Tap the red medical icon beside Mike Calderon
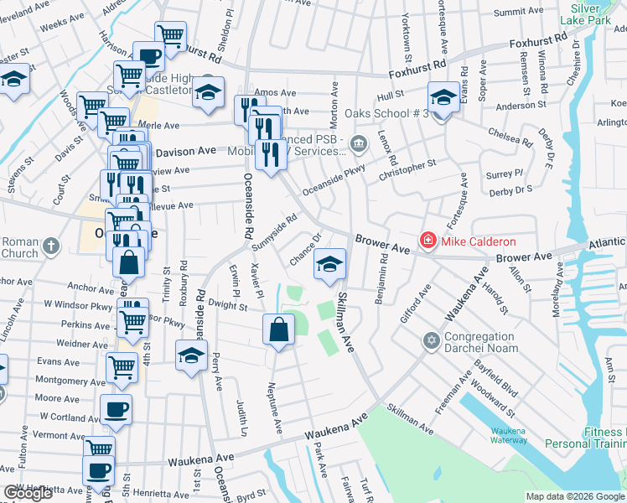428,241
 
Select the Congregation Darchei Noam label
491,342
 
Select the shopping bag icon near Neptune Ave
279,330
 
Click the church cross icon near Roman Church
51,246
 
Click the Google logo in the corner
28,494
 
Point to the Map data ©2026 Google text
575,496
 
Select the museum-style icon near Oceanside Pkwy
359,143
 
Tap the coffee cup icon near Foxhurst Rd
149,58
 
